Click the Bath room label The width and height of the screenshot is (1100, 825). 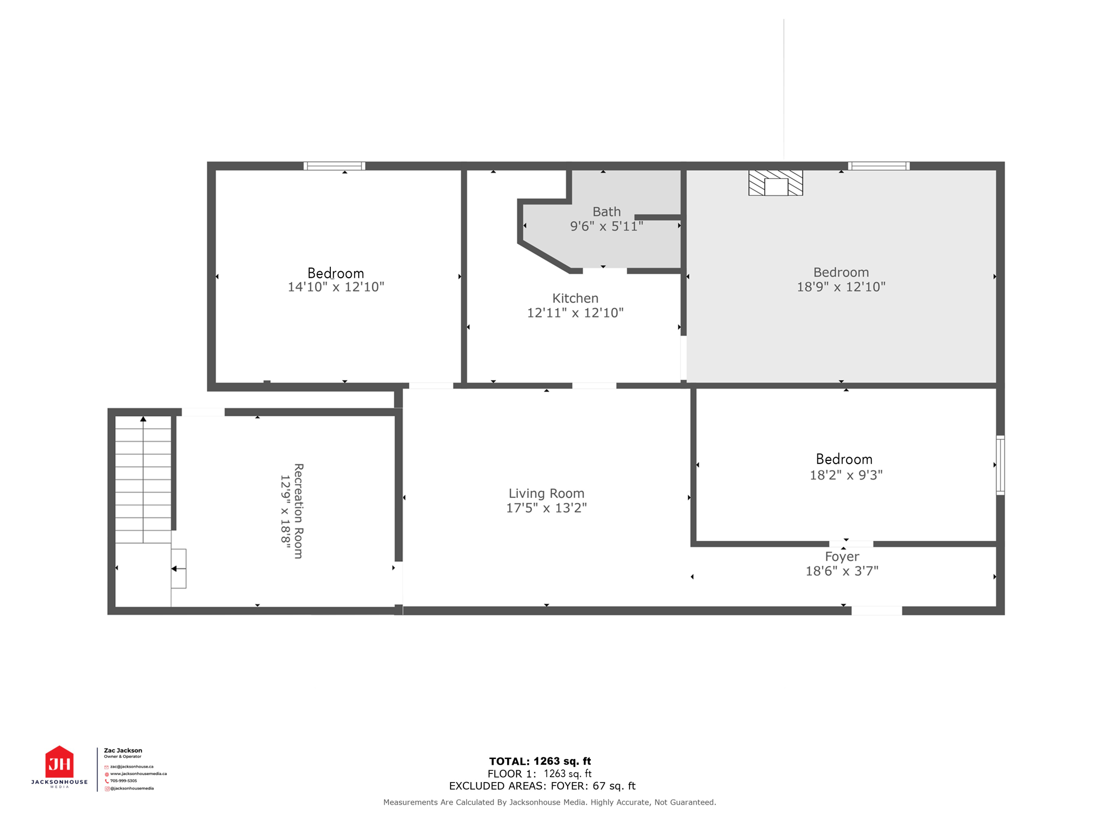(x=606, y=212)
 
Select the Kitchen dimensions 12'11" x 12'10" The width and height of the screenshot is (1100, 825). (x=575, y=313)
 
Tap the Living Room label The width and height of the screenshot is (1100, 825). (x=546, y=493)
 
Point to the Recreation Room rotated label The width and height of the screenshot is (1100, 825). (x=299, y=511)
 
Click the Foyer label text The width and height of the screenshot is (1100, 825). (x=842, y=556)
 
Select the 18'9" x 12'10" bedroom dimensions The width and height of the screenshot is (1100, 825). (x=841, y=287)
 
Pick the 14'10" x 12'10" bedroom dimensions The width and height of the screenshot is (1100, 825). (x=336, y=287)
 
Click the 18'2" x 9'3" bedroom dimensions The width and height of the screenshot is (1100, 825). (x=846, y=475)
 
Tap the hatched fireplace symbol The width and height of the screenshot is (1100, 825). (x=776, y=183)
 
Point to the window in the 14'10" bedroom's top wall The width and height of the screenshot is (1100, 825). (x=334, y=166)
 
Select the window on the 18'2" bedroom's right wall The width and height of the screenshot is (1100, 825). (x=1000, y=465)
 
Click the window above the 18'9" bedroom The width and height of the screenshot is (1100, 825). (x=879, y=166)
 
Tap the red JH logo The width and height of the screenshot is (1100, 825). (x=59, y=763)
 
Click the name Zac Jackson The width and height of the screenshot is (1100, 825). (x=123, y=750)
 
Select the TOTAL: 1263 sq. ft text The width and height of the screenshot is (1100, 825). (x=540, y=761)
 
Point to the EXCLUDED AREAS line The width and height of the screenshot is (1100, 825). (x=542, y=786)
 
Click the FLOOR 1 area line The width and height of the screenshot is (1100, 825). (x=539, y=773)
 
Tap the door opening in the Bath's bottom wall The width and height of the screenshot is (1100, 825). (x=604, y=271)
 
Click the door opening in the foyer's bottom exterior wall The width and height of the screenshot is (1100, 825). (x=876, y=611)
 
